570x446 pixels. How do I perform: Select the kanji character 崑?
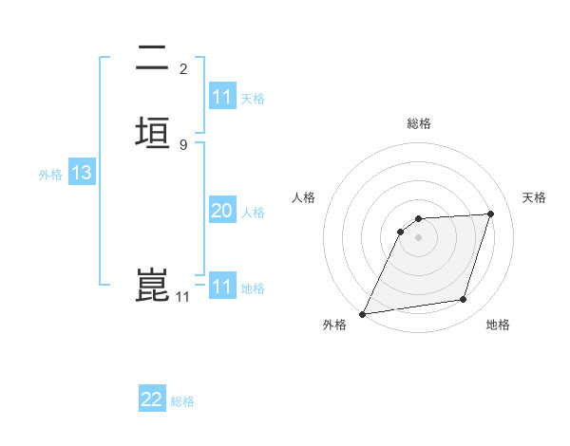point(152,286)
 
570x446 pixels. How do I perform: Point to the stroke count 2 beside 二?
point(183,69)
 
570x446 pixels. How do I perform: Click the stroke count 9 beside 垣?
point(183,145)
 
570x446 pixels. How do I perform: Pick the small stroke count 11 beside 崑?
point(183,297)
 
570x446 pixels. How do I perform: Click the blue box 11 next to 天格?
point(222,97)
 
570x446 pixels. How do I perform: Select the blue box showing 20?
point(222,211)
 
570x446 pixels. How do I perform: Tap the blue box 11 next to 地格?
point(222,287)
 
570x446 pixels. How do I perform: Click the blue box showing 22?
point(152,400)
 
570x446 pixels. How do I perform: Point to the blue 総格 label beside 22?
point(182,401)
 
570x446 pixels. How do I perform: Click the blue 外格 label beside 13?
point(50,175)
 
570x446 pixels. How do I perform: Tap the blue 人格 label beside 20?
point(253,213)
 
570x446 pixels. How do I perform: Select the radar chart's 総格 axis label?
point(419,123)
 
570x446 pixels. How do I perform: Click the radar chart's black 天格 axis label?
point(535,197)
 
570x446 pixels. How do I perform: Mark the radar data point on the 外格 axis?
point(363,314)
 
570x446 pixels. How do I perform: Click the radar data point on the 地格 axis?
point(464,300)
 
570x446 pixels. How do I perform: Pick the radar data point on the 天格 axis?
point(491,214)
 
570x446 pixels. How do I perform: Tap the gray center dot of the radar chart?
point(419,238)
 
